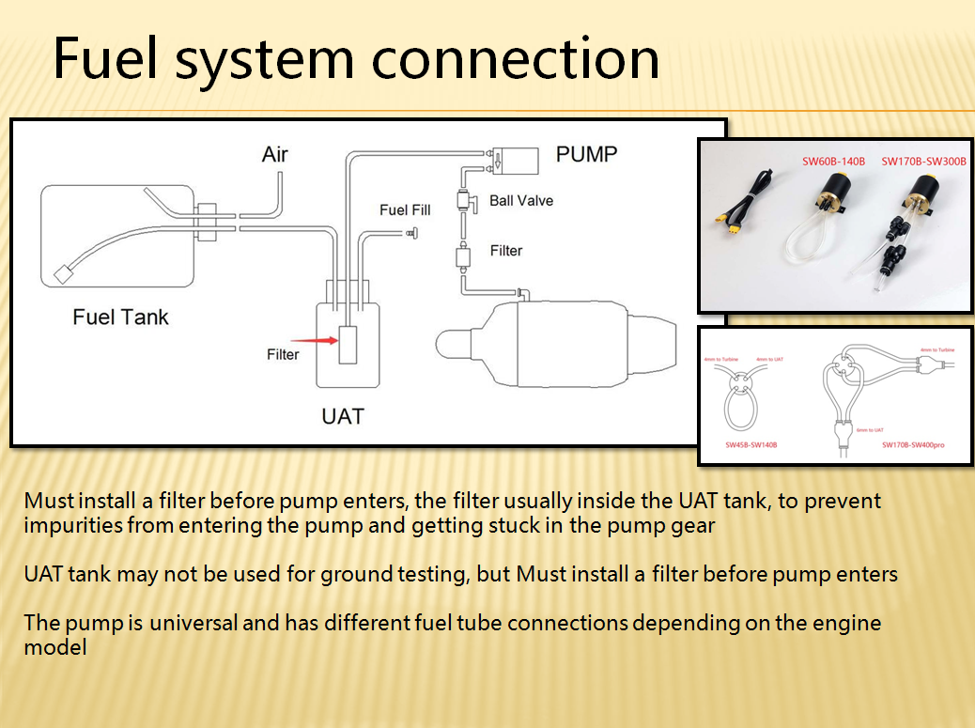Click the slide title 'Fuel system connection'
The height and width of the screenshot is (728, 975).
(356, 58)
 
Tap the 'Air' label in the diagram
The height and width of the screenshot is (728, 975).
(274, 154)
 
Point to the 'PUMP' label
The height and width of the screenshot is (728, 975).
(587, 154)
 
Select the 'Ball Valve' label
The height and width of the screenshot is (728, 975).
(521, 200)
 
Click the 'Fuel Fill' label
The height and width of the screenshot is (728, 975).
(405, 209)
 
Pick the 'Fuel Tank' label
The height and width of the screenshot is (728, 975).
(120, 317)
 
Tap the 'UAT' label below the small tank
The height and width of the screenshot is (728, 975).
(342, 415)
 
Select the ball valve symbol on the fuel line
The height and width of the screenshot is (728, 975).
(463, 199)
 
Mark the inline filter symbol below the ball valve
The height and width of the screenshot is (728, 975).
(463, 255)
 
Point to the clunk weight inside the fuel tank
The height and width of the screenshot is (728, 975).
(64, 273)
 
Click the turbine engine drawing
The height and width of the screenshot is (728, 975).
(554, 342)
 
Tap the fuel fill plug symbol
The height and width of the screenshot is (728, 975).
(411, 233)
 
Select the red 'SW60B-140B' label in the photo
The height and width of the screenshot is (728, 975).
(832, 161)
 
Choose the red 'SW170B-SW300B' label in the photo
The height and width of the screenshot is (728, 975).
(923, 161)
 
